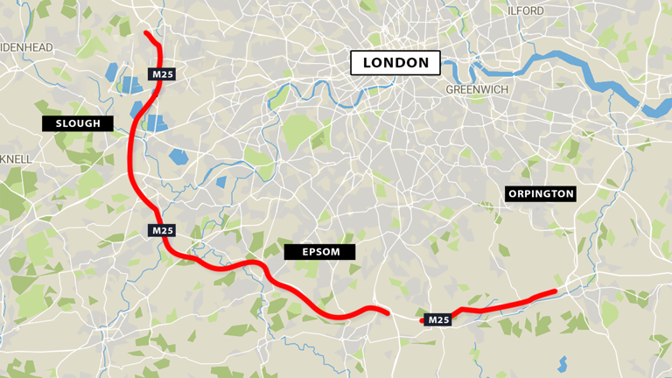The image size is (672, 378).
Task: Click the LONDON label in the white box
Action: pyautogui.click(x=395, y=63)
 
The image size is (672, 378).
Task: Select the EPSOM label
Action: pyautogui.click(x=320, y=252)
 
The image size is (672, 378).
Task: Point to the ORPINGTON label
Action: pyautogui.click(x=541, y=193)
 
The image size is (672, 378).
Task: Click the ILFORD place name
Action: pyautogui.click(x=525, y=10)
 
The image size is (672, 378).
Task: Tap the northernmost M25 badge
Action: pyautogui.click(x=163, y=74)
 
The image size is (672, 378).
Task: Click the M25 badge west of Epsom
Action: pyautogui.click(x=163, y=230)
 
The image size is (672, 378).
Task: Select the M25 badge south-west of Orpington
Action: pyautogui.click(x=438, y=320)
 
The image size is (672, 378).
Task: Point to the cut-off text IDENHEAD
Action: pyautogui.click(x=26, y=47)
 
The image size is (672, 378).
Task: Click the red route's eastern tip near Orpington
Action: pyautogui.click(x=554, y=291)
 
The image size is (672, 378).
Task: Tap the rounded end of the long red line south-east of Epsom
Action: pyautogui.click(x=387, y=311)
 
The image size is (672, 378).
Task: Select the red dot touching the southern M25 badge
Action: pyautogui.click(x=422, y=320)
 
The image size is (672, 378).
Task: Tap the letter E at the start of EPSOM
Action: pyautogui.click(x=305, y=252)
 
